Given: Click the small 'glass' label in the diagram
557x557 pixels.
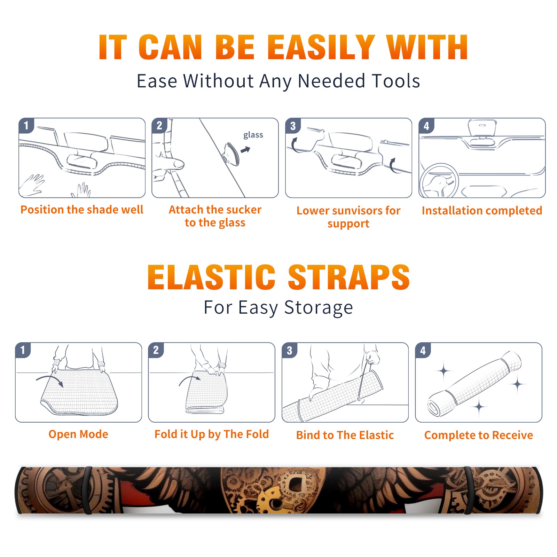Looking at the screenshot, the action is pyautogui.click(x=253, y=135).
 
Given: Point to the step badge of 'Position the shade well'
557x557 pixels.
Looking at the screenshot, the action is pyautogui.click(x=26, y=125).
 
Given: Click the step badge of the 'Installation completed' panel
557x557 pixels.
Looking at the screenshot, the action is pyautogui.click(x=426, y=126).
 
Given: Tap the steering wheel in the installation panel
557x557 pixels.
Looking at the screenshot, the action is pyautogui.click(x=439, y=181).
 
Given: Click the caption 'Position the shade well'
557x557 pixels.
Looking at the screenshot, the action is pyautogui.click(x=82, y=210).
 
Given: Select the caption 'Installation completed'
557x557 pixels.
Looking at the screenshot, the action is pyautogui.click(x=482, y=210).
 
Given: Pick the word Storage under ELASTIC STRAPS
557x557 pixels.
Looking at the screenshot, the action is pyautogui.click(x=319, y=308).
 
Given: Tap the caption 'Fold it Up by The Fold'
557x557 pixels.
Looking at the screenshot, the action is pyautogui.click(x=212, y=434).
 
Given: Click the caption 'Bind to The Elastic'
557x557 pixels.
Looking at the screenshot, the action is pyautogui.click(x=345, y=435).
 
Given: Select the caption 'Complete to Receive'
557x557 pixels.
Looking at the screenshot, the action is pyautogui.click(x=479, y=435).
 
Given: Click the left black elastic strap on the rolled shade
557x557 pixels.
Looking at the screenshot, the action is pyautogui.click(x=87, y=491).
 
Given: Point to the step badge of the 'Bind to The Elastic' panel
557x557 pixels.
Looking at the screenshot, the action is pyautogui.click(x=290, y=350).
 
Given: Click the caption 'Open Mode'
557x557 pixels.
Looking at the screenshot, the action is pyautogui.click(x=78, y=434).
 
